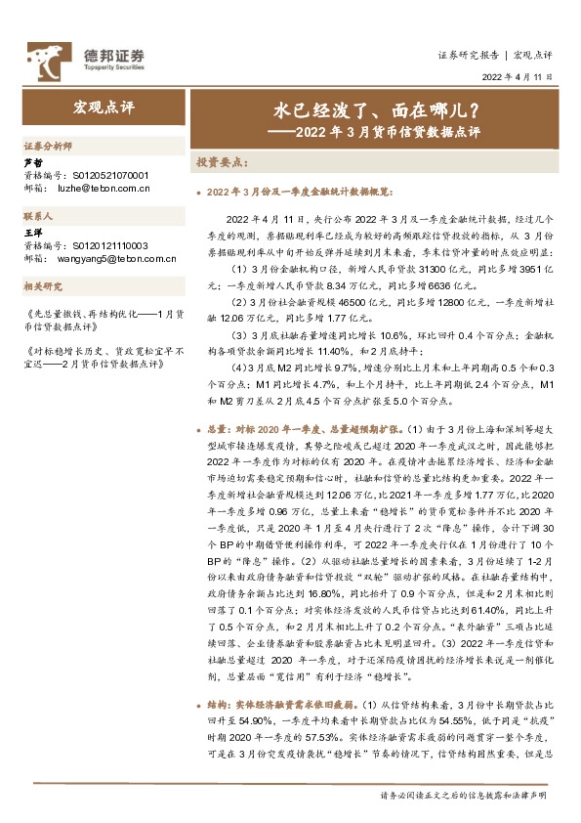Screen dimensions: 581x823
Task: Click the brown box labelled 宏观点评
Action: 97,105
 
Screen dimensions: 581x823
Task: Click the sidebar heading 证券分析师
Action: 47,145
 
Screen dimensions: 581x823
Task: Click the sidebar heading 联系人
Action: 38,214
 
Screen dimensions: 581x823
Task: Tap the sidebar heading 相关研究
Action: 42,286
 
